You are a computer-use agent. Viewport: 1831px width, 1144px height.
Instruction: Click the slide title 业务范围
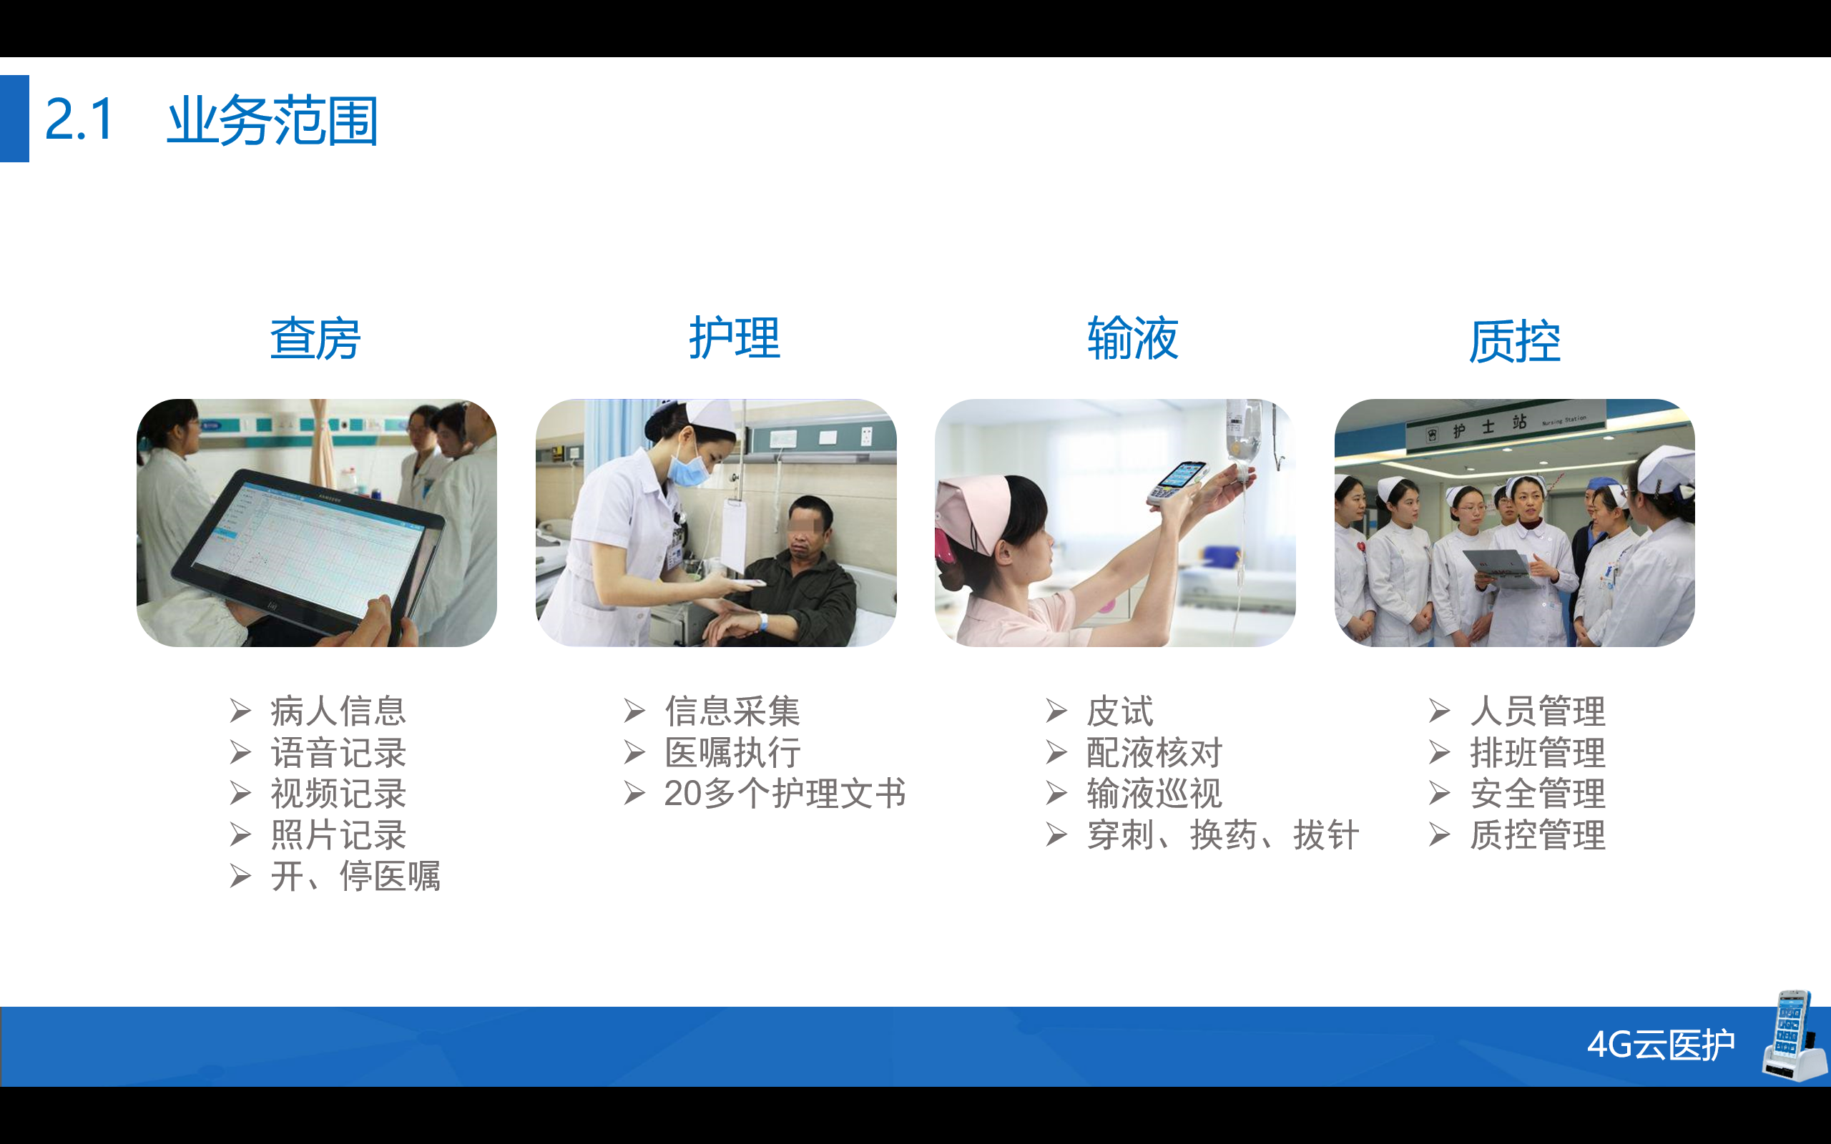(273, 120)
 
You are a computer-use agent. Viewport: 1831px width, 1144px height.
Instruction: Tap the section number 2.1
(79, 119)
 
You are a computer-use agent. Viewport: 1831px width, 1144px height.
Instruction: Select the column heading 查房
(315, 338)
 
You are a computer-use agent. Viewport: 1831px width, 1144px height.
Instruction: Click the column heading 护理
(734, 337)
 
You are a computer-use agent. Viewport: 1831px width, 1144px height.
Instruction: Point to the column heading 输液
(1133, 337)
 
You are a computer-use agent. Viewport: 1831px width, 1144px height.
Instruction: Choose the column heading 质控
(1515, 341)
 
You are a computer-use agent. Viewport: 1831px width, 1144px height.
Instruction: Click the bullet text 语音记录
(339, 753)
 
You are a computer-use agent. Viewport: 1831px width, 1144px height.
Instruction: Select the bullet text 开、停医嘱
(355, 876)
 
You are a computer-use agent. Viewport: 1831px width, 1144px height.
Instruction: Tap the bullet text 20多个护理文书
(785, 794)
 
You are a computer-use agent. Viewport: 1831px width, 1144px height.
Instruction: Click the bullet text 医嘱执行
(732, 753)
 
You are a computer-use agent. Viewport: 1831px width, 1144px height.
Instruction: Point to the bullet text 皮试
(1120, 711)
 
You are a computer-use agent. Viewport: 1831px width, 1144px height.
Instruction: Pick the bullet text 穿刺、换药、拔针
(1222, 835)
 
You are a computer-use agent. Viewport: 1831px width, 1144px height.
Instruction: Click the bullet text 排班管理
(1538, 753)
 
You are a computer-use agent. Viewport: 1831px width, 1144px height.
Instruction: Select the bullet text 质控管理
(1538, 835)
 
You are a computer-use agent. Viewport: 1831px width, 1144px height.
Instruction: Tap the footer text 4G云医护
(1661, 1045)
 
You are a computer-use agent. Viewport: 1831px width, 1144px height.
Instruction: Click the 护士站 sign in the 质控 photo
(1506, 428)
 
